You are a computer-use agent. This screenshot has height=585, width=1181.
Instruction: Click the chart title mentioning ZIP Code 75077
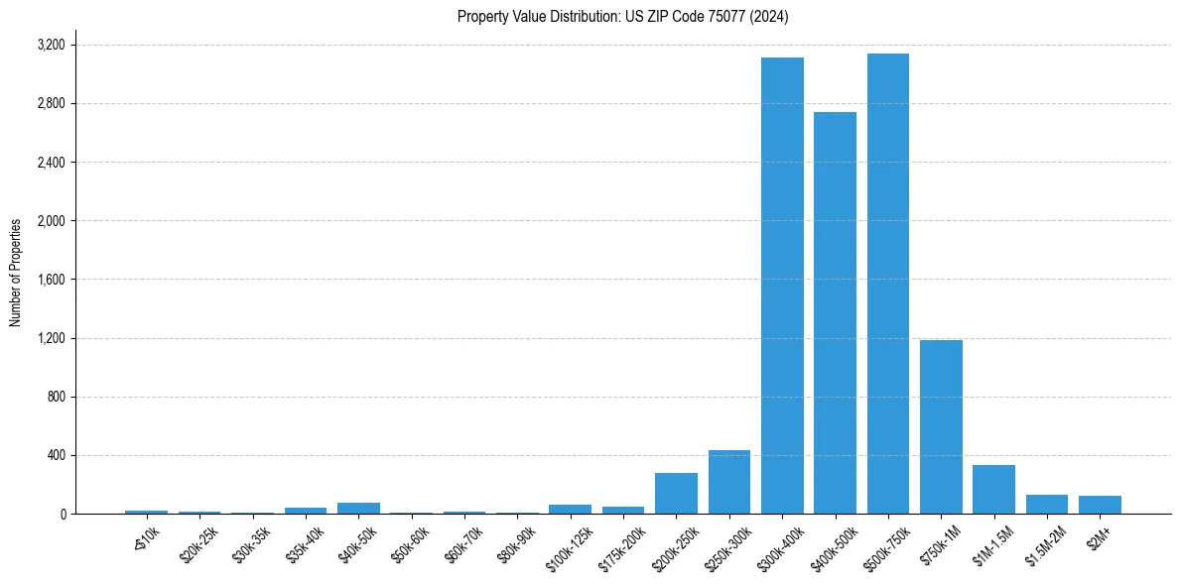click(x=623, y=17)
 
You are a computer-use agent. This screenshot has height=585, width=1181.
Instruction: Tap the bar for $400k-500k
click(x=835, y=312)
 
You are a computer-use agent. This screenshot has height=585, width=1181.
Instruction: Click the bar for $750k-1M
click(x=941, y=426)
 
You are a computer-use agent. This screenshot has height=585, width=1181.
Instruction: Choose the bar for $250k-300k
click(x=729, y=482)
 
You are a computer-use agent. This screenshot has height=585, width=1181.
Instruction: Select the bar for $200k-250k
click(x=676, y=494)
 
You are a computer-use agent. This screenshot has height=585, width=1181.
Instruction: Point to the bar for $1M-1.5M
click(x=993, y=490)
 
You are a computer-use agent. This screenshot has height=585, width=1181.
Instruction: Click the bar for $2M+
click(x=1100, y=505)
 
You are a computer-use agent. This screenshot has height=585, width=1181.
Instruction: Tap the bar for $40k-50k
click(x=358, y=509)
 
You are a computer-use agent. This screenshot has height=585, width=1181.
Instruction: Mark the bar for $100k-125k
click(x=570, y=510)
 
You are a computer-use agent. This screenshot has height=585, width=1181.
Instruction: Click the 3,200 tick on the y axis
click(x=51, y=46)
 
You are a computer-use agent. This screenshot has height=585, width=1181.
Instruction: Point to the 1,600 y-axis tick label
click(x=51, y=280)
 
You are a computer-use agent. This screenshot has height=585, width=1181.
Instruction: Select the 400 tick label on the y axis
click(x=56, y=456)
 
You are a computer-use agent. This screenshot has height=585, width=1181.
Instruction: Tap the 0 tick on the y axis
click(x=63, y=515)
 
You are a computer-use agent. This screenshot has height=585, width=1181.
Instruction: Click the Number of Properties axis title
click(x=16, y=273)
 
